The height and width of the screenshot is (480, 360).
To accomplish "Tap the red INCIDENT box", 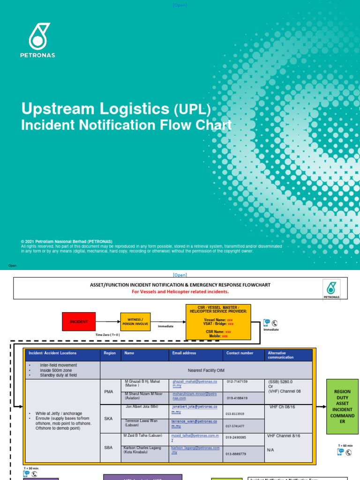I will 79,322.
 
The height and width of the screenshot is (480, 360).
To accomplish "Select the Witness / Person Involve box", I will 136,322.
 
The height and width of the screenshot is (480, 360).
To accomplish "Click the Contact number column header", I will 240,353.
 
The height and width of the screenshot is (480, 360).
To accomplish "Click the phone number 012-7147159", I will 237,382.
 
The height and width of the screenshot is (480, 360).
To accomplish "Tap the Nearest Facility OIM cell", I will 206,370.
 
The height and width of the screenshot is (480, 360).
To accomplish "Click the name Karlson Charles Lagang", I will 142,448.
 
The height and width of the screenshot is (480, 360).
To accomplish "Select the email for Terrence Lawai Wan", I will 194,424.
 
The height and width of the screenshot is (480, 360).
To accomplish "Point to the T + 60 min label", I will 345,445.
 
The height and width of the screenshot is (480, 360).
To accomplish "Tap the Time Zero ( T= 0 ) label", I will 108,335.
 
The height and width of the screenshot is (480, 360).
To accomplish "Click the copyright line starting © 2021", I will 63,241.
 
